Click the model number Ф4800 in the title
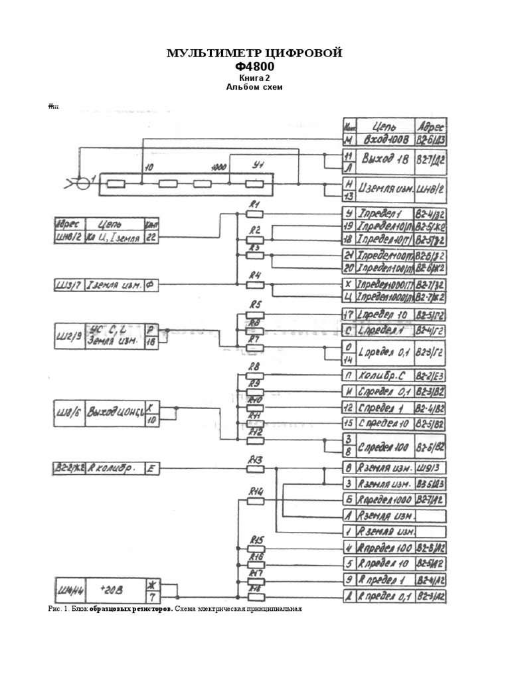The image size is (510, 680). pos(254,66)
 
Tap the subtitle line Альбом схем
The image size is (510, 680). pos(254,86)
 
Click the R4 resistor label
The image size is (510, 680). pos(254,275)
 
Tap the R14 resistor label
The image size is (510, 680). pos(256,491)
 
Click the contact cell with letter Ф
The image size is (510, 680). pos(151,285)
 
